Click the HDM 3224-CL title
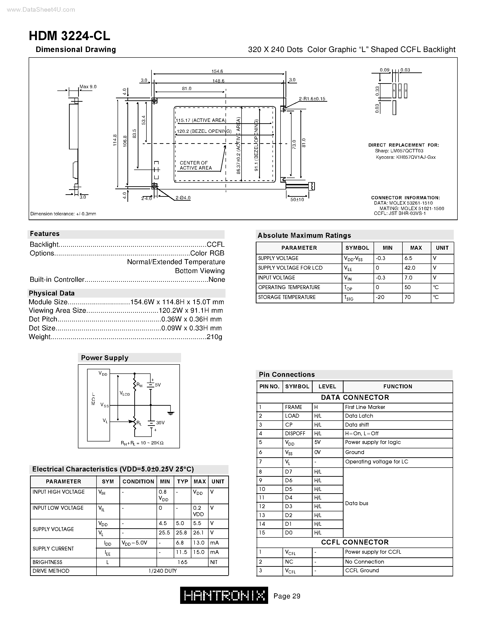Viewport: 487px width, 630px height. point(69,36)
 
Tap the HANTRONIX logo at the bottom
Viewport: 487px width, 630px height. point(224,595)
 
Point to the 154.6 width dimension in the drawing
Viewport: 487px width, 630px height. point(217,71)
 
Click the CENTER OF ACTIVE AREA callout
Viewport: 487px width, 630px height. point(196,165)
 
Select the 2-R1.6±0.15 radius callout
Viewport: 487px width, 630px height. point(312,99)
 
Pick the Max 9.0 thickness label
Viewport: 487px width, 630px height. point(88,87)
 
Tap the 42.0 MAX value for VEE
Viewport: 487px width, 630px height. point(410,268)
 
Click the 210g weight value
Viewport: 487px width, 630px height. point(214,337)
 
